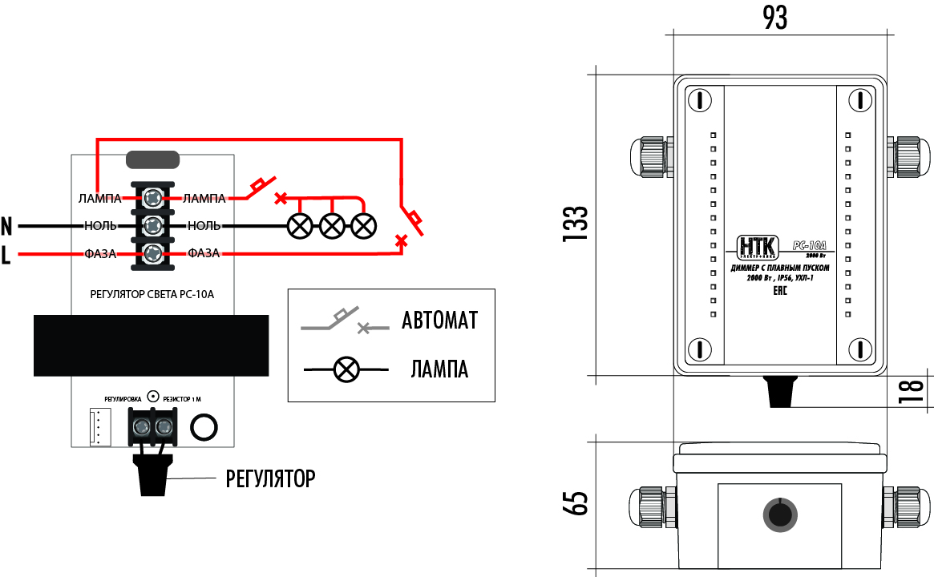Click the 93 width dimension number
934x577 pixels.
[774, 17]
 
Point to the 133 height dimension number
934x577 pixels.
[576, 224]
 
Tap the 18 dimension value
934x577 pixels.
[913, 392]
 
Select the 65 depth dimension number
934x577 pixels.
[576, 503]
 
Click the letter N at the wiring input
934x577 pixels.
[7, 225]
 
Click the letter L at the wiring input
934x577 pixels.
[6, 256]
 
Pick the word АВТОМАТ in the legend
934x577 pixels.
[439, 321]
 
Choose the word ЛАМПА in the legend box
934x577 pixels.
[439, 369]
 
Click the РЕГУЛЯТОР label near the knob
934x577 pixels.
[270, 479]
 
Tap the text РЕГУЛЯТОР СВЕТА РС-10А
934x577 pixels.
[153, 294]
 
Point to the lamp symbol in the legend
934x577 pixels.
[346, 369]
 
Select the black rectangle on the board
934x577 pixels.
[151, 345]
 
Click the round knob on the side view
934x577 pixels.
[778, 513]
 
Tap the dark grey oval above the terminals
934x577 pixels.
[153, 159]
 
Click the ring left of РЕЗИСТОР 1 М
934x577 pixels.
[153, 396]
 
